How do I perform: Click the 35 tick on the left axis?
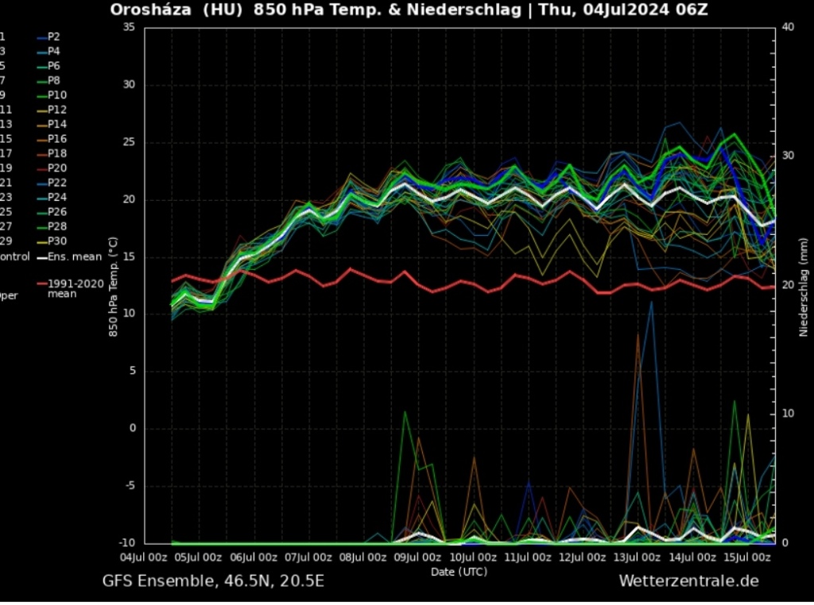point(129,27)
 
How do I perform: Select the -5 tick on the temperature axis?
point(129,486)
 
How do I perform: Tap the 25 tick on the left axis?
point(129,142)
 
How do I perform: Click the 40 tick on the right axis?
point(789,27)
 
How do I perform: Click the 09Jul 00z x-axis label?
point(417,557)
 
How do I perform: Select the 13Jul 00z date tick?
point(638,557)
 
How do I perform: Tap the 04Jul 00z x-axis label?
point(143,557)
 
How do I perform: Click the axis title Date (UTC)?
point(459,571)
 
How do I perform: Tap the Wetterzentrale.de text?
point(688,581)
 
